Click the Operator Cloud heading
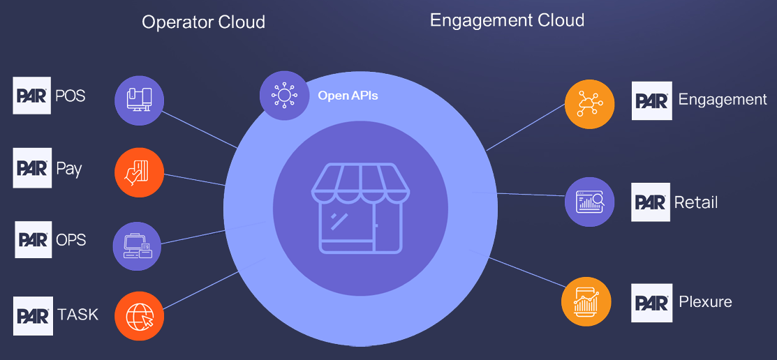click(x=203, y=22)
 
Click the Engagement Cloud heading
click(x=507, y=20)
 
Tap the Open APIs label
click(x=348, y=95)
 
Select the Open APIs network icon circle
click(x=284, y=94)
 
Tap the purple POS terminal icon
click(x=139, y=100)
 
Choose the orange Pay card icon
click(x=139, y=172)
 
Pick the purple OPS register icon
click(x=138, y=246)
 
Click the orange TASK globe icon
click(x=139, y=316)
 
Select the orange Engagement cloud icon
click(x=589, y=105)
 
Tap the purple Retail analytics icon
click(x=589, y=202)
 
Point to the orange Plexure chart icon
click(x=586, y=301)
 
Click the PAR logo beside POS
click(x=32, y=96)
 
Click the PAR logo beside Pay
click(x=32, y=168)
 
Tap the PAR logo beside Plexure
click(x=652, y=303)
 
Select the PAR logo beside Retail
click(x=651, y=202)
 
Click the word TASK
click(x=77, y=315)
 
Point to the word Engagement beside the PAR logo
click(x=723, y=100)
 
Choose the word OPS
click(x=71, y=240)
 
